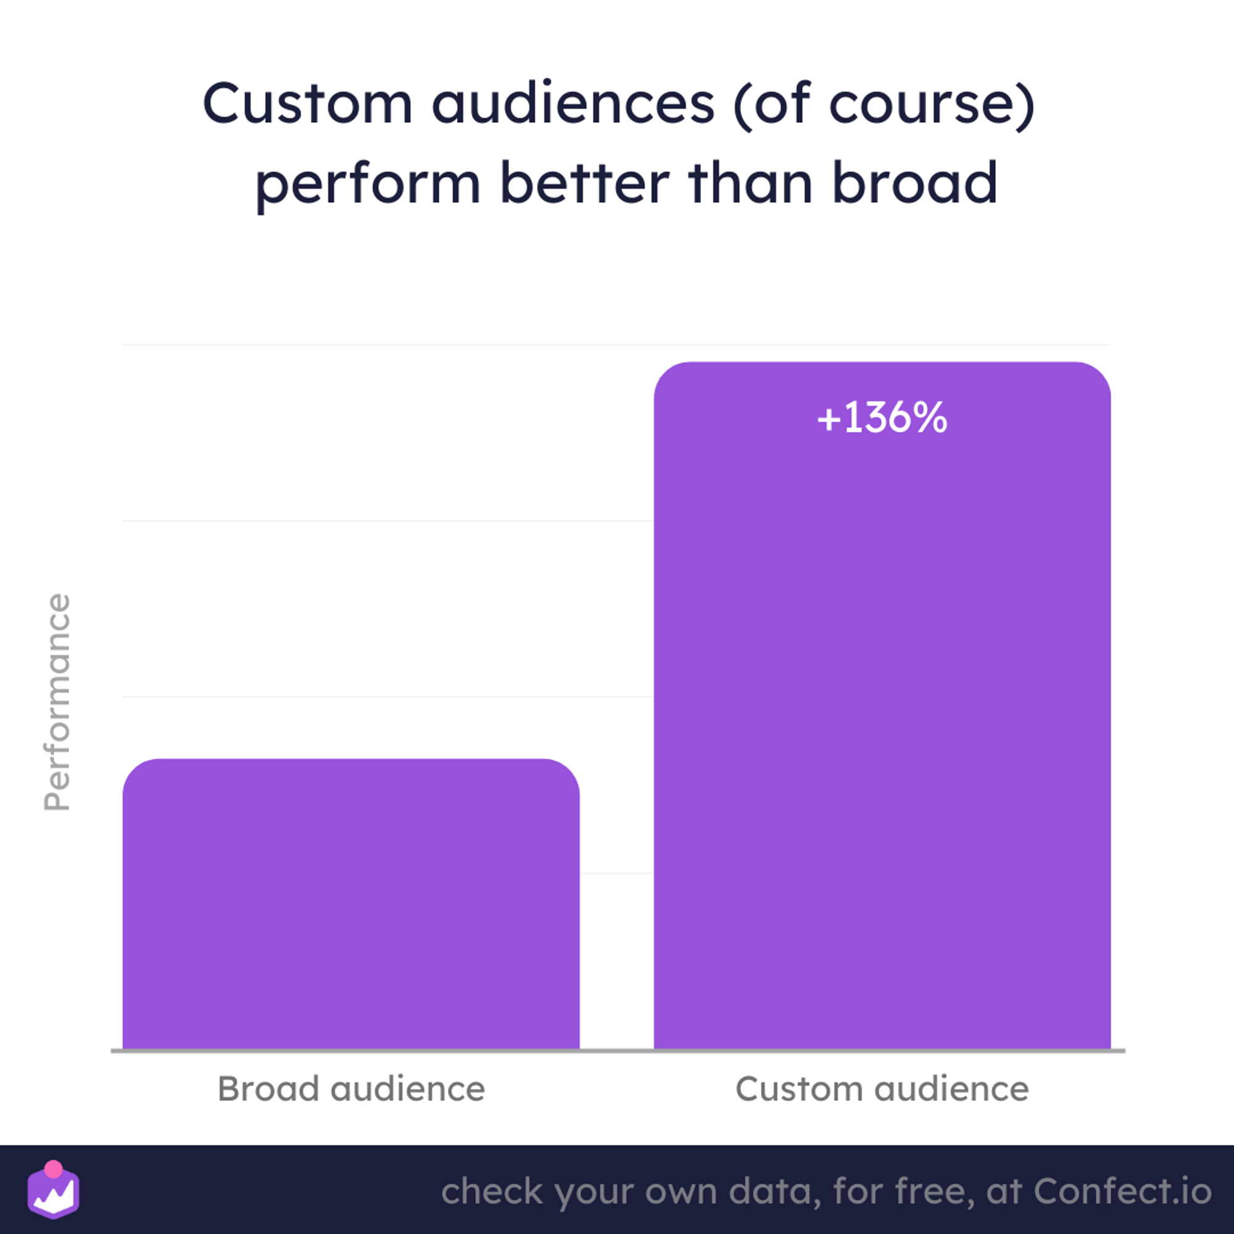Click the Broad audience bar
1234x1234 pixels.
(x=350, y=903)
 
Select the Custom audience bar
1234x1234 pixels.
(x=882, y=705)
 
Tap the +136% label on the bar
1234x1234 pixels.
(x=882, y=418)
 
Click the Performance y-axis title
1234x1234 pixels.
(x=57, y=702)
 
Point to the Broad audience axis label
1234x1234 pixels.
(x=351, y=1089)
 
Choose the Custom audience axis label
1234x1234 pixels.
(x=882, y=1089)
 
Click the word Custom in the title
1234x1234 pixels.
(x=308, y=104)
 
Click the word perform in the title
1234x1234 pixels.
(x=368, y=185)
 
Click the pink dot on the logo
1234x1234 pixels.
(x=54, y=1169)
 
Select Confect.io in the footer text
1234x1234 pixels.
(x=1123, y=1191)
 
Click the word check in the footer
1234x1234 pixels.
(x=492, y=1191)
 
